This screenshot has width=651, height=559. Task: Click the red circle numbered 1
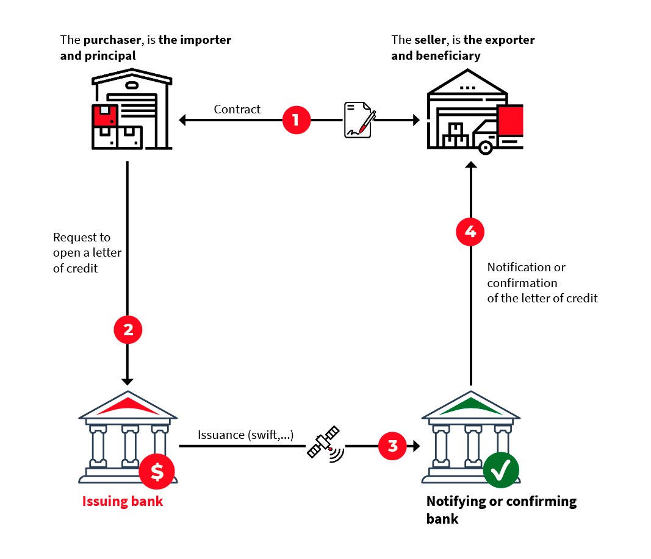coord(296,119)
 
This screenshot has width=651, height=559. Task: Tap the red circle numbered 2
coord(128,330)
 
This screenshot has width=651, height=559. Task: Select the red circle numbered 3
coord(393,446)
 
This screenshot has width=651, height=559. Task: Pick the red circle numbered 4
coord(470,232)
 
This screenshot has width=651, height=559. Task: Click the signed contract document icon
coord(358,119)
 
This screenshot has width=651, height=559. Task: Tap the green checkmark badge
coord(501,471)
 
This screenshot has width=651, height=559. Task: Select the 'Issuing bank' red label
coord(123,502)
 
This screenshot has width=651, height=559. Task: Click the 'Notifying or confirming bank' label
coord(501,510)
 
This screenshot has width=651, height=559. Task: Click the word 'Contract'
coord(237,109)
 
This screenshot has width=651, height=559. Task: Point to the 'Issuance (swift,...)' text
coord(246,435)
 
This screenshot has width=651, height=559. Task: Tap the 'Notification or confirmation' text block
coord(542,283)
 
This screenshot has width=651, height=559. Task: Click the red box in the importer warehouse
coord(104,115)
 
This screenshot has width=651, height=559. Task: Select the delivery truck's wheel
coord(485,147)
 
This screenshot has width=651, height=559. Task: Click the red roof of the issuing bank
coord(128,407)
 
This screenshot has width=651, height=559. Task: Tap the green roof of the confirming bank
coord(470,407)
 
